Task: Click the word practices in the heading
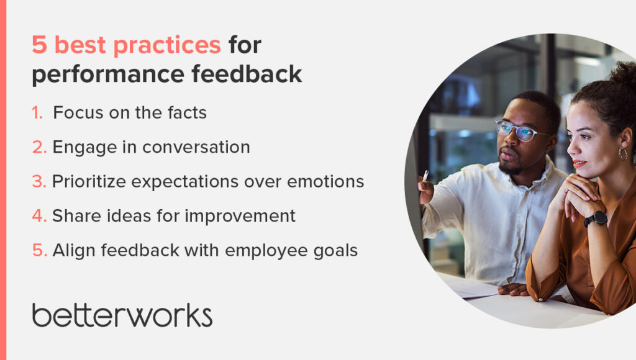point(169,46)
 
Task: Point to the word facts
point(184,113)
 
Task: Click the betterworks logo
point(122,315)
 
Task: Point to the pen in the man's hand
point(425,176)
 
